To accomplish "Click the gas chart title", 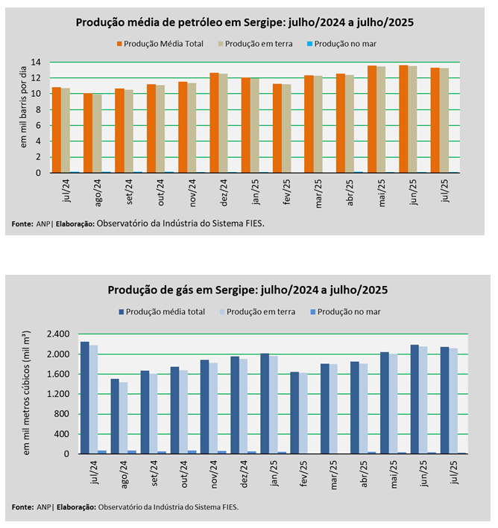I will (x=248, y=289).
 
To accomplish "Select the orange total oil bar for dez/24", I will (x=214, y=123).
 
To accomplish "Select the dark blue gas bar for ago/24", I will (x=115, y=416).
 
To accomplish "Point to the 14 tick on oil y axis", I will (x=36, y=62).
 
